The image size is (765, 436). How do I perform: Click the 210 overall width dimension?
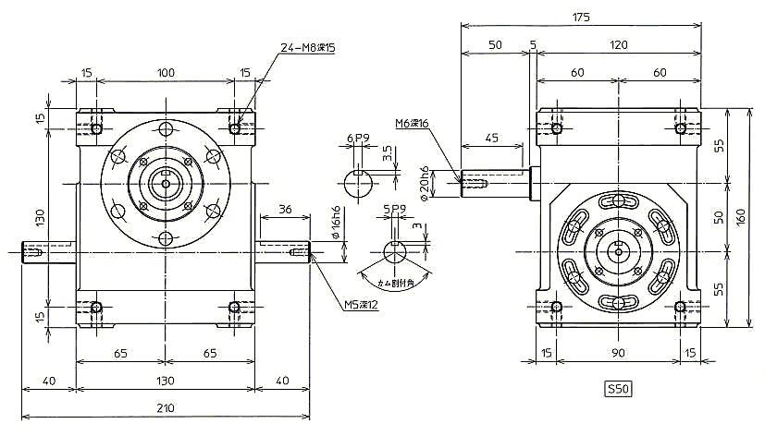click(166, 407)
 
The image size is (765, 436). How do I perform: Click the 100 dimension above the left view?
click(166, 72)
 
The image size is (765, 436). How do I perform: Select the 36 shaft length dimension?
click(284, 210)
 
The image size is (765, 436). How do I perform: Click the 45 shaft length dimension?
click(492, 139)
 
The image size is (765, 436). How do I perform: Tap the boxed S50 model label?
click(618, 389)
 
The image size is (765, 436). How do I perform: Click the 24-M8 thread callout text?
click(308, 46)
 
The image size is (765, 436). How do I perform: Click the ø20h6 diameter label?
click(425, 184)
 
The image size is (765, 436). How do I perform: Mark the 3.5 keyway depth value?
click(388, 152)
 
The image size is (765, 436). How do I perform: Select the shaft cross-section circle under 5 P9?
click(396, 252)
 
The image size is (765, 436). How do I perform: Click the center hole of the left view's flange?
click(166, 184)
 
